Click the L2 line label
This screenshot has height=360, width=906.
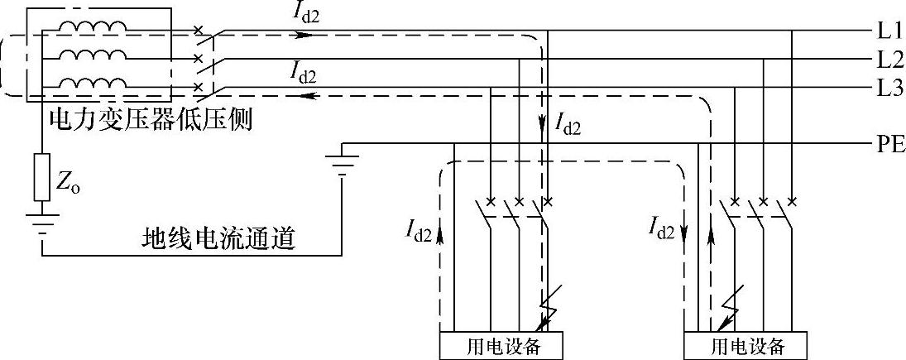pyautogui.click(x=889, y=60)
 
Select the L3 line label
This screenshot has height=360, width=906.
pyautogui.click(x=889, y=88)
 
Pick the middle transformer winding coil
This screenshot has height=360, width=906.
pyautogui.click(x=93, y=55)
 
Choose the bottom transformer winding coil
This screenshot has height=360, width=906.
pyautogui.click(x=93, y=84)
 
